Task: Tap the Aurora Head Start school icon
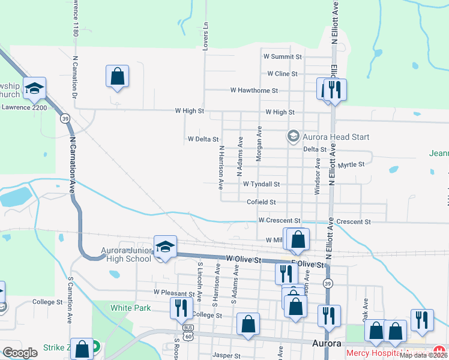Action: tap(293, 136)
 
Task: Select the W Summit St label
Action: tap(282, 57)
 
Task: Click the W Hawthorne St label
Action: tap(255, 91)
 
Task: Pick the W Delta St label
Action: tap(203, 139)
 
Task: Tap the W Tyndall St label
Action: tap(262, 184)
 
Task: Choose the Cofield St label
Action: tap(261, 202)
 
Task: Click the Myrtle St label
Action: tap(352, 164)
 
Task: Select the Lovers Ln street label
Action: tap(206, 36)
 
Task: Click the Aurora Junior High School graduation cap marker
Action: tap(166, 247)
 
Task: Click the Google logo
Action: tap(20, 353)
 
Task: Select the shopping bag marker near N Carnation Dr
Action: tap(117, 77)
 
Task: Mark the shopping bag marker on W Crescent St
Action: tap(298, 239)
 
